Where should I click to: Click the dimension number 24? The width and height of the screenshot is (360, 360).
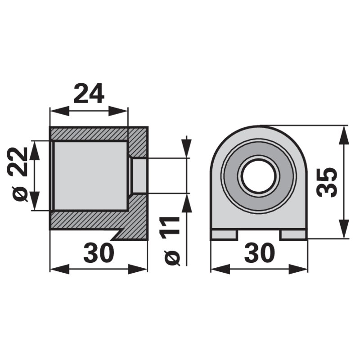pos(89,94)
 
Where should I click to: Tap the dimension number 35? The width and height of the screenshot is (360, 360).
pos(326,182)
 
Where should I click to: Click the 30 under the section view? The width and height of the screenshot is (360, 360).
pos(99,253)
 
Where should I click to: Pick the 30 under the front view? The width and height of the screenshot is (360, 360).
pos(259,253)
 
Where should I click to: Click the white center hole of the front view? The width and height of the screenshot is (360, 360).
pos(258,175)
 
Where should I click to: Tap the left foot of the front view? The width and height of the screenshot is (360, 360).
pos(224,234)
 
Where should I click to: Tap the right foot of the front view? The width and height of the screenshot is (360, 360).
pos(294,234)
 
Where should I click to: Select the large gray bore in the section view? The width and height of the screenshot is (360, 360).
pos(90,175)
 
